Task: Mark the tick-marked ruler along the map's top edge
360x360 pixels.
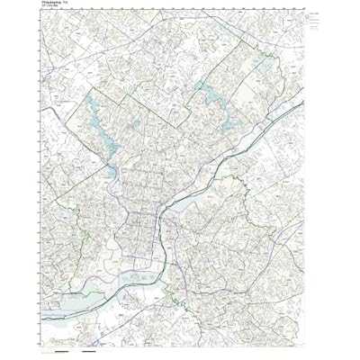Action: pos(180,7)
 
